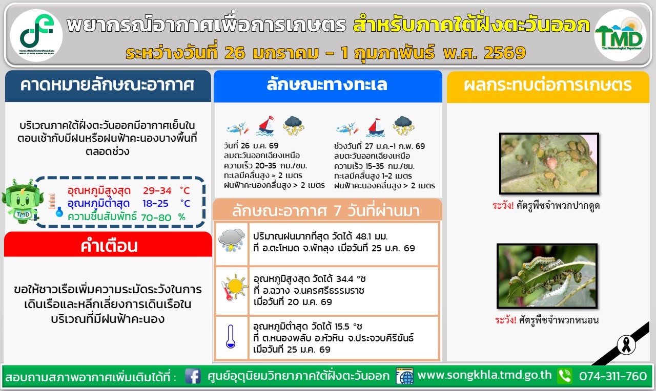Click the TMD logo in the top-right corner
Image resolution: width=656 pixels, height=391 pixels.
tap(620, 35)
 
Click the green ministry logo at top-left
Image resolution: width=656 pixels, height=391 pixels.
tap(36, 35)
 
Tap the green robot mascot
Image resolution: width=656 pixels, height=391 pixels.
tap(22, 201)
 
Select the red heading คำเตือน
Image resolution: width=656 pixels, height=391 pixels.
tap(109, 246)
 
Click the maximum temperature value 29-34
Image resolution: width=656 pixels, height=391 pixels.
tap(157, 191)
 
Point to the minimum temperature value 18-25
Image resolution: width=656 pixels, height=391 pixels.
tap(155, 203)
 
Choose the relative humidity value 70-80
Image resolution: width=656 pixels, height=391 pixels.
tap(156, 218)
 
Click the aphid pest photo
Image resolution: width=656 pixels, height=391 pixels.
tap(549, 163)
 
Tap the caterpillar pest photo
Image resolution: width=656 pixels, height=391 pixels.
tap(547, 276)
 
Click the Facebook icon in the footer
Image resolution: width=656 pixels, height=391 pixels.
tap(193, 376)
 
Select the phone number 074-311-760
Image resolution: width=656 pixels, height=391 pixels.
tap(612, 376)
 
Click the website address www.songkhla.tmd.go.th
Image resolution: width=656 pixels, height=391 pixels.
tap(484, 375)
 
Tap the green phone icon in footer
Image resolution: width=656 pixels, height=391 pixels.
tap(565, 376)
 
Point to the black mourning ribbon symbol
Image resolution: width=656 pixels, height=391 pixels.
tap(626, 345)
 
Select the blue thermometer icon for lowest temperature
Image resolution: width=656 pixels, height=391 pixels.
tap(231, 336)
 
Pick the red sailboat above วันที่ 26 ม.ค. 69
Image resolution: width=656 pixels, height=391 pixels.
tap(266, 126)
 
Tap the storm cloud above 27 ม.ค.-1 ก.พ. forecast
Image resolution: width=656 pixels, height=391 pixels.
tap(403, 126)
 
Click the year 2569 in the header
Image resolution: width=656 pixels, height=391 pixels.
tap(504, 53)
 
